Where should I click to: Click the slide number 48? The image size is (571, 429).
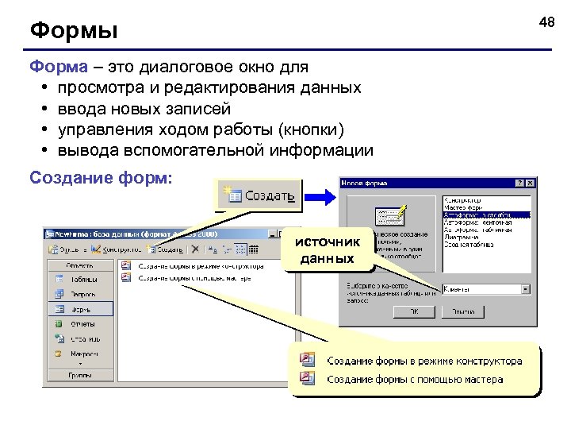[546, 23]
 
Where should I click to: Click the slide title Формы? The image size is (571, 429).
[74, 32]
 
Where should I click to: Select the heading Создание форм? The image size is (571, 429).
[100, 176]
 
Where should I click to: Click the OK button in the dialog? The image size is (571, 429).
[413, 312]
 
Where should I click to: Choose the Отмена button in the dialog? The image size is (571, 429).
[463, 312]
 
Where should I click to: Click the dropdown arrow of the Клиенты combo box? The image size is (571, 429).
[526, 289]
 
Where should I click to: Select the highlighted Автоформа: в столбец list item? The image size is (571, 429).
[486, 214]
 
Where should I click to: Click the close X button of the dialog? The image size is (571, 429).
[530, 184]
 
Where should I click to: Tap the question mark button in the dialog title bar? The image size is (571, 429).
[519, 184]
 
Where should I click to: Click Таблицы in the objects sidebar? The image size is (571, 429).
[82, 280]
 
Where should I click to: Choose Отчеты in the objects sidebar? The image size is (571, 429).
[82, 324]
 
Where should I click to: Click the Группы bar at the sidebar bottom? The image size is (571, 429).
[79, 374]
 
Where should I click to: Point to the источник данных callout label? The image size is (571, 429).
[327, 249]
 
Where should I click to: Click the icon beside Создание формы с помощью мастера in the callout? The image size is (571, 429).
[308, 378]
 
